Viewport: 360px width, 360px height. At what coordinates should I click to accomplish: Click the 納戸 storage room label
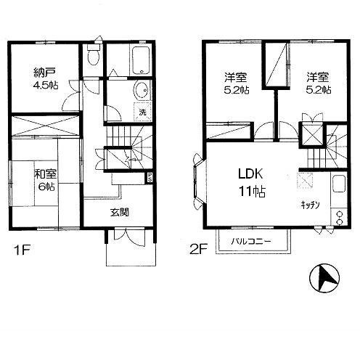point(45,73)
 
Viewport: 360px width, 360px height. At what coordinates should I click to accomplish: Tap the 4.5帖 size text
point(45,85)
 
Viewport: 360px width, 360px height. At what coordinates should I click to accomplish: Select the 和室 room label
point(46,174)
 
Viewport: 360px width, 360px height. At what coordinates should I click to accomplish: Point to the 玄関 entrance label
point(120,213)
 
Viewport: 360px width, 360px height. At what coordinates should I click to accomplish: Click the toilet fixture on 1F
point(94,54)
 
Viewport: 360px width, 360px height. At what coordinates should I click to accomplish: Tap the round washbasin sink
point(142,91)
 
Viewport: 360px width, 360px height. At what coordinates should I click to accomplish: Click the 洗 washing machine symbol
point(143,112)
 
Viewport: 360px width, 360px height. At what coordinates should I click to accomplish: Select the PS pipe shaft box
point(150,177)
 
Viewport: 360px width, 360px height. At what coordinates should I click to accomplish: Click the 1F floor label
point(22,250)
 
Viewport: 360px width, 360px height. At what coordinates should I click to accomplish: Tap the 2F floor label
point(197,250)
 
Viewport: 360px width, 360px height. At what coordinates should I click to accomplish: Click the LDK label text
point(250,173)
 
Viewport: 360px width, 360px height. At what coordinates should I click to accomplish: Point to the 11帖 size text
point(252,192)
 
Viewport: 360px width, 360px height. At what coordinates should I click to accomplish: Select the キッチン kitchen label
point(311,205)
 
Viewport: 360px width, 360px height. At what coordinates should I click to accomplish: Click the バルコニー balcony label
point(251,241)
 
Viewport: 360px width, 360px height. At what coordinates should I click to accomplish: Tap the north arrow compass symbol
point(324,278)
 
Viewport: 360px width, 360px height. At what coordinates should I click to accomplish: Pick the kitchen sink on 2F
point(339,184)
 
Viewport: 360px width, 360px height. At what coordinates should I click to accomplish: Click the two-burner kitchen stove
point(339,218)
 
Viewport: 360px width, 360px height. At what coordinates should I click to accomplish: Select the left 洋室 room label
point(236,78)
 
